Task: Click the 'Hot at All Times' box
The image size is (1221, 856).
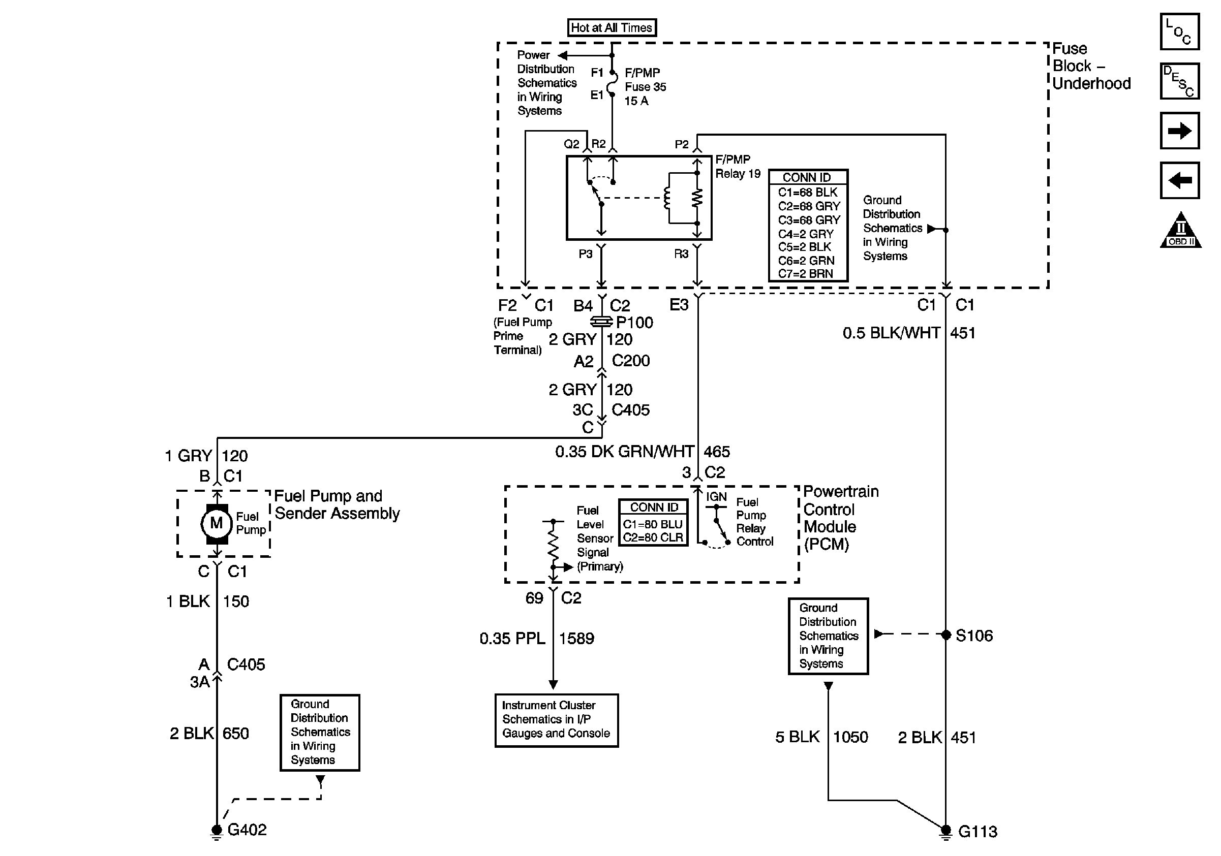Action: (x=612, y=27)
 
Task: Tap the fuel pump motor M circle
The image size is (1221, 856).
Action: (x=216, y=523)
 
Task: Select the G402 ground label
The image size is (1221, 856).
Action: (x=247, y=830)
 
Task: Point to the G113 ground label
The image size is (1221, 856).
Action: (x=978, y=832)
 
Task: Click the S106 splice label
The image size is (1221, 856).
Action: (x=974, y=636)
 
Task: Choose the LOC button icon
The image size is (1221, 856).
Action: (x=1179, y=32)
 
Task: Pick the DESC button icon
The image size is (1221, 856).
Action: (x=1179, y=81)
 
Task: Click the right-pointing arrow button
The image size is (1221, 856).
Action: (x=1179, y=131)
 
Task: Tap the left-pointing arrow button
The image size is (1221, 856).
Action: (x=1179, y=180)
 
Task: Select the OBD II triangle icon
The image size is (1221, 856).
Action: (x=1180, y=231)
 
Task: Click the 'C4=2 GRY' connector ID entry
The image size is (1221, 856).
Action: (x=806, y=234)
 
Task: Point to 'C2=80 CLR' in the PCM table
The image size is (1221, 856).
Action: (x=653, y=537)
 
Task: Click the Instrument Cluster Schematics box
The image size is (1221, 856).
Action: (x=556, y=719)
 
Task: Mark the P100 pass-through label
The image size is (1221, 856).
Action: (x=634, y=323)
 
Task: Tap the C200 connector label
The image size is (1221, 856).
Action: (x=631, y=361)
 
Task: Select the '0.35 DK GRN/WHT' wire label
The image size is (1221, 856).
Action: (x=624, y=452)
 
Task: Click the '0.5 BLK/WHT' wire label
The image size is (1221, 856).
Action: (x=891, y=333)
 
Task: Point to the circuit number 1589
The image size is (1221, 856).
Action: (x=576, y=638)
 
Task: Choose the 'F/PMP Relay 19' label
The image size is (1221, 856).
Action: (x=738, y=167)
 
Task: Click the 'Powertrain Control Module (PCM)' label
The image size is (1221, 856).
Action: (x=840, y=518)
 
